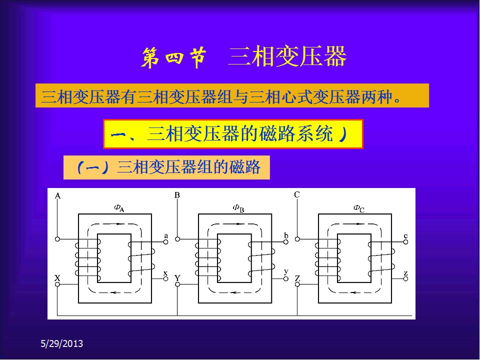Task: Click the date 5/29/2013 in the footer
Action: [x=62, y=343]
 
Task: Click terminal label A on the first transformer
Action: [x=57, y=195]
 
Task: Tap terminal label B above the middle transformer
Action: [x=177, y=195]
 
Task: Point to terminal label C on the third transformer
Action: [x=296, y=194]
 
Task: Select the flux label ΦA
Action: [x=119, y=208]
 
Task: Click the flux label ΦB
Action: [x=238, y=208]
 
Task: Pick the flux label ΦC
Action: [x=359, y=208]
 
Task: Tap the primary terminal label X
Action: [x=57, y=278]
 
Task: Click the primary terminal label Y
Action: [x=177, y=278]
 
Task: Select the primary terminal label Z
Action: [x=297, y=278]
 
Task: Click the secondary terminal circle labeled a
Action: [x=165, y=242]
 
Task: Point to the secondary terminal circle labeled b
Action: [x=285, y=242]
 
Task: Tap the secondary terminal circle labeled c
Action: [x=405, y=242]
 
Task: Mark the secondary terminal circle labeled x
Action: [x=165, y=278]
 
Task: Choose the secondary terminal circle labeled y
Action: [x=285, y=278]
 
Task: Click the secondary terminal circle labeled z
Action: [x=405, y=278]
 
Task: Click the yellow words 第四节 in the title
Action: [x=173, y=57]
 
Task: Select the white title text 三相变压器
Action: [x=287, y=56]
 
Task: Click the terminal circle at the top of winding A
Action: [x=57, y=239]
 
